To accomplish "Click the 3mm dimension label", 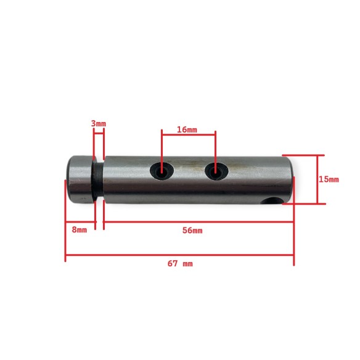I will (98, 123).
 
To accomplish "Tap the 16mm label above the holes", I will (187, 129).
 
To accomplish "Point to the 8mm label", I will (79, 229).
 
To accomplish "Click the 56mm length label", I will (193, 231).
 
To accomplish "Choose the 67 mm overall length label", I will (179, 263).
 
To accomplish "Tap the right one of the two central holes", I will (215, 172).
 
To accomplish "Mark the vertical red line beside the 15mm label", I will (317, 179).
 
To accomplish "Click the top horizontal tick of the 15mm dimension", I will (300, 155).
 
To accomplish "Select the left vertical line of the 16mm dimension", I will (162, 151).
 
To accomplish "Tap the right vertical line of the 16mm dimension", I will (215, 151).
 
